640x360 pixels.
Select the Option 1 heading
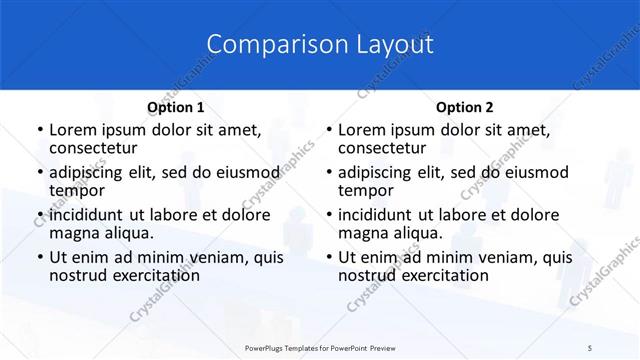click(176, 107)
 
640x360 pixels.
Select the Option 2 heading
click(465, 107)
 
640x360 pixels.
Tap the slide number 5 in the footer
click(590, 346)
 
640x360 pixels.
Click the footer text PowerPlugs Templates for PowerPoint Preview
click(319, 346)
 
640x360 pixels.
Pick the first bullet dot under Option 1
click(38, 131)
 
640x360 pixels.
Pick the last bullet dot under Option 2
click(327, 257)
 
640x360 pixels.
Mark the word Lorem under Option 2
click(362, 130)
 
